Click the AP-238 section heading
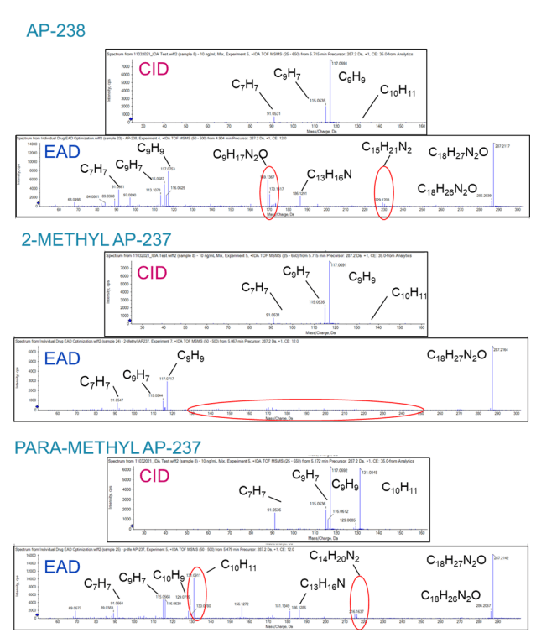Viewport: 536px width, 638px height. pos(55,31)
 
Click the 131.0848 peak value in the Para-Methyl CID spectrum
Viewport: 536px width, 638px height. pos(370,470)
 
